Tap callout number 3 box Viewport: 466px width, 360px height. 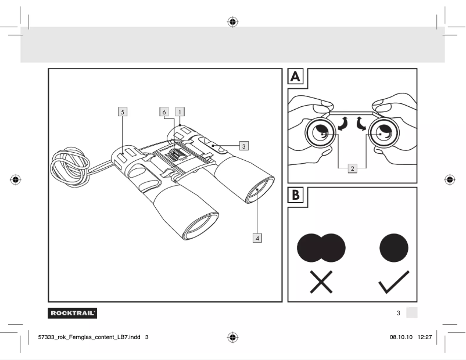pyautogui.click(x=243, y=146)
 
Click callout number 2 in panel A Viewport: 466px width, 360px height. pyautogui.click(x=352, y=168)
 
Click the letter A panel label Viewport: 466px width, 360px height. pyautogui.click(x=296, y=77)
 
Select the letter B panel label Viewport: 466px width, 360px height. pyautogui.click(x=296, y=196)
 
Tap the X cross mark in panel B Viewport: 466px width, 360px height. pyautogui.click(x=321, y=282)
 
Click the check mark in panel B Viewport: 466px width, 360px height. pyautogui.click(x=393, y=282)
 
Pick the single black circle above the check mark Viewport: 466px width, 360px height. pyautogui.click(x=395, y=248)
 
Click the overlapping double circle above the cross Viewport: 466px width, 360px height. pyautogui.click(x=321, y=248)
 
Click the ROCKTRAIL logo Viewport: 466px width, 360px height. pyautogui.click(x=73, y=314)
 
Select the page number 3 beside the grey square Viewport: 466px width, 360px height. pyautogui.click(x=398, y=314)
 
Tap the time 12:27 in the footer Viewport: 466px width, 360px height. pyautogui.click(x=426, y=337)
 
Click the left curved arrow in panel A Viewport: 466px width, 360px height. pyautogui.click(x=343, y=123)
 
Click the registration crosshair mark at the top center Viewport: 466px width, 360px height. pyautogui.click(x=233, y=21)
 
